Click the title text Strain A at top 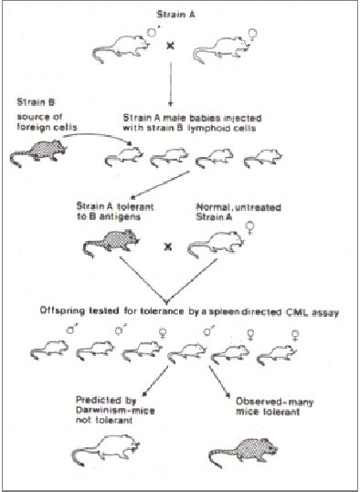point(176,15)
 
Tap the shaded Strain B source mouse point(38,153)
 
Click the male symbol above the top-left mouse point(154,32)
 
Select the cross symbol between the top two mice point(170,46)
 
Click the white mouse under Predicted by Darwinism point(106,450)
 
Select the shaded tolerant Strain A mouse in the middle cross point(111,242)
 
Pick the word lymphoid point(208,128)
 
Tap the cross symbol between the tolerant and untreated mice point(168,247)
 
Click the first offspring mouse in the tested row point(50,350)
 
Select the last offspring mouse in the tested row point(277,354)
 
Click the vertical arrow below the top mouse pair point(171,83)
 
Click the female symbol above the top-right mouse point(253,34)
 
